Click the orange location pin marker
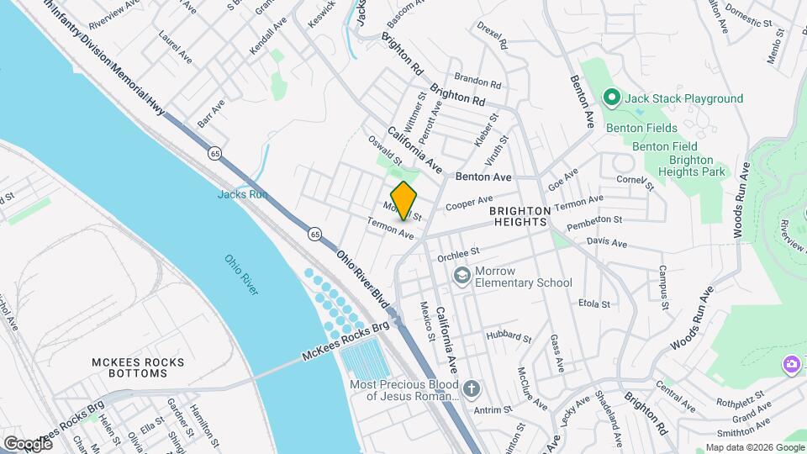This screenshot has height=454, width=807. pos(404,200)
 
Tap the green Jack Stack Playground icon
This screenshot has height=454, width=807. pos(612,98)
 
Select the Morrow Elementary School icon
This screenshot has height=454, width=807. pos(462,276)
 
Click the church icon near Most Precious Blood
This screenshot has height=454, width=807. pos(472,388)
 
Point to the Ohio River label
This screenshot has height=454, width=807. pos(241,274)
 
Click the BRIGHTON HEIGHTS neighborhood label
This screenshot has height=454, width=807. pos(520,216)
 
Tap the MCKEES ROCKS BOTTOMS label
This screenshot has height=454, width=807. pos(138,369)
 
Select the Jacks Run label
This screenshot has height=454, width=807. pos(242,194)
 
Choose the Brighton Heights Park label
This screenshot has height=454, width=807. pos(691,166)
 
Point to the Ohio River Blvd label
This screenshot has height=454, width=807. pos(364,278)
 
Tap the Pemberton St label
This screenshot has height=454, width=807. pos(593,222)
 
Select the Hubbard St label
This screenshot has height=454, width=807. pos(509,337)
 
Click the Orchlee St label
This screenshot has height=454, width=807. pos(457,251)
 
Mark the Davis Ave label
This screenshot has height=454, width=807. pos(607,242)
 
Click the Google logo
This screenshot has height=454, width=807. pos(28,443)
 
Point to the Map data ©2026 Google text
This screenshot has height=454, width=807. pos(753,447)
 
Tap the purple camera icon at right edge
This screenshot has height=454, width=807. pos(791,364)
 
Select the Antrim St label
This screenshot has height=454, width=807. pos(493,409)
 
